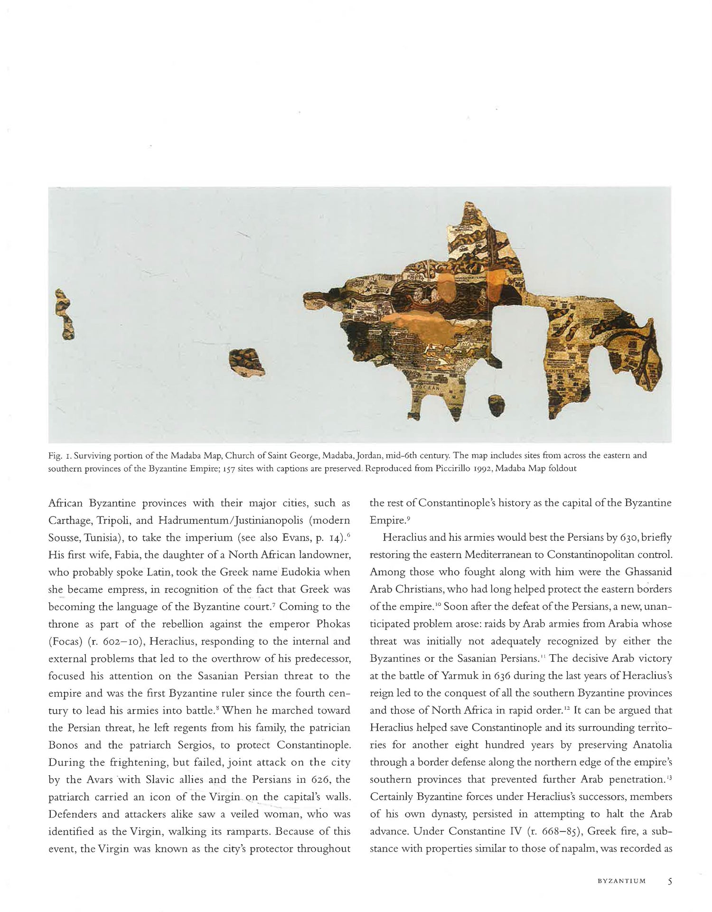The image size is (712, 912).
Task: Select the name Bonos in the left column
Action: point(63,745)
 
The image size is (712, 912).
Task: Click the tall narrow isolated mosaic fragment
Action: point(66,314)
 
